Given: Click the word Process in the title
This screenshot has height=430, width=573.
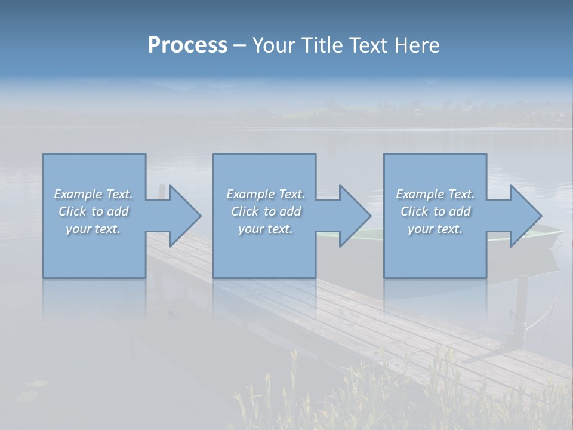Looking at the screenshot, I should (187, 45).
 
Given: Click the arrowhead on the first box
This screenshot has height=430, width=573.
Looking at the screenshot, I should (182, 216).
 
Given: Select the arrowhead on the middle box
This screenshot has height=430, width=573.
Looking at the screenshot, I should (352, 216).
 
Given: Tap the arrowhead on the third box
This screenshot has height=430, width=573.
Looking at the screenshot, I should (523, 216).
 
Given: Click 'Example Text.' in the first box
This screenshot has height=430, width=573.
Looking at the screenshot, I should (93, 194).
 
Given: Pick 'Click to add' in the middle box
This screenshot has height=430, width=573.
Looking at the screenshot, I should (266, 211).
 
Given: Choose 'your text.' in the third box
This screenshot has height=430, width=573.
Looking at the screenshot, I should (435, 229).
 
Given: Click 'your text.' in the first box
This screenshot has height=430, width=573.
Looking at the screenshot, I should (93, 229).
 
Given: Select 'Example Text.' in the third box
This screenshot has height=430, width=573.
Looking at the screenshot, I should (435, 194).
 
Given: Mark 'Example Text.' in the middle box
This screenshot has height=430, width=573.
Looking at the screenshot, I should (266, 194).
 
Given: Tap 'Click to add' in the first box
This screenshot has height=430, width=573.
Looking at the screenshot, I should (93, 211).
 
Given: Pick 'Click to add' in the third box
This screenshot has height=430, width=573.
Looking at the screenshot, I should (435, 211).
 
